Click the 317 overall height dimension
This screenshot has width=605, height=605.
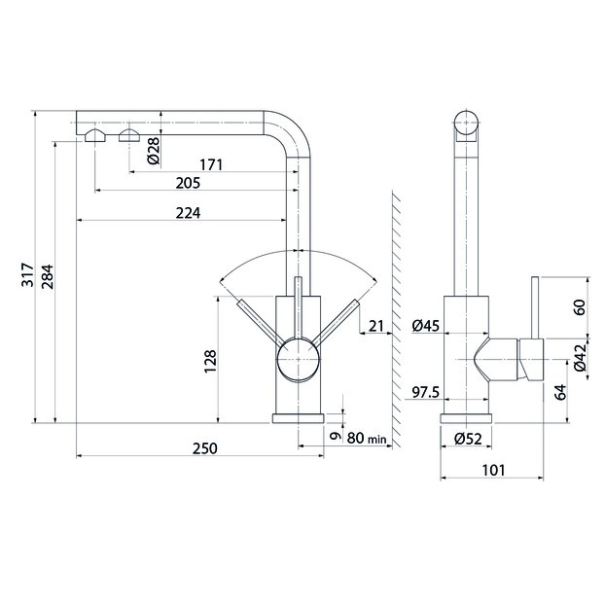click(x=28, y=274)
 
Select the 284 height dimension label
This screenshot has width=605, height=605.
click(x=49, y=276)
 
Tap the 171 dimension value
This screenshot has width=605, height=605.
click(x=211, y=164)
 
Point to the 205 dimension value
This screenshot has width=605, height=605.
click(x=188, y=183)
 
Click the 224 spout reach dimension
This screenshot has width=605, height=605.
click(x=188, y=213)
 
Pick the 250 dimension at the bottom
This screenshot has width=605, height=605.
click(x=205, y=448)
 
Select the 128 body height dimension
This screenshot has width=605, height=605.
click(x=210, y=361)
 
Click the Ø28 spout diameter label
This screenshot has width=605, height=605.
click(x=154, y=151)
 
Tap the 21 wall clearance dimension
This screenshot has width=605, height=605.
click(x=376, y=326)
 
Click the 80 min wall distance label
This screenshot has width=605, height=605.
click(x=367, y=438)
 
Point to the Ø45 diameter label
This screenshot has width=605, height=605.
click(x=426, y=326)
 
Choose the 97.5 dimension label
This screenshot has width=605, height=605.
click(x=426, y=392)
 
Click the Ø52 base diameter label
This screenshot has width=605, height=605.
click(x=468, y=439)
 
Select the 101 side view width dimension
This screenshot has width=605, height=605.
click(x=493, y=470)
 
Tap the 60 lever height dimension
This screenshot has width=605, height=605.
click(x=579, y=307)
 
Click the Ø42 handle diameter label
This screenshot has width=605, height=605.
click(x=579, y=357)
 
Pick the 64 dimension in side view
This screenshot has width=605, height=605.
click(x=560, y=392)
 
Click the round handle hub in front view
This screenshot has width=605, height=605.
click(x=299, y=359)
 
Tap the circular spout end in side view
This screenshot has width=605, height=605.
click(x=466, y=123)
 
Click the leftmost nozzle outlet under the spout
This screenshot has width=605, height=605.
click(x=95, y=136)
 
